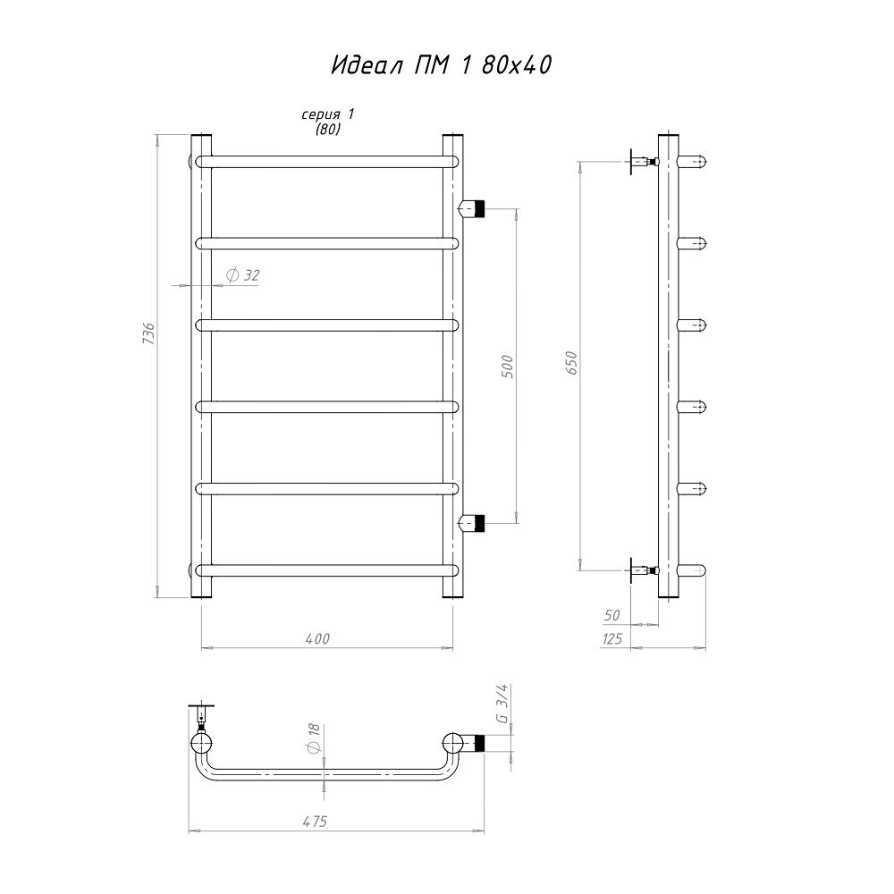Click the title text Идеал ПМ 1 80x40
(442, 65)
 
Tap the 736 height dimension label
(148, 333)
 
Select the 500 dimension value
(507, 367)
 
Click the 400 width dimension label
(317, 638)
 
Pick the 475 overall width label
(314, 821)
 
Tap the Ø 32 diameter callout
(243, 276)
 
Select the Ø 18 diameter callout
(314, 739)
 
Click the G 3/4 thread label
(502, 704)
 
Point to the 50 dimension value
(611, 615)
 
